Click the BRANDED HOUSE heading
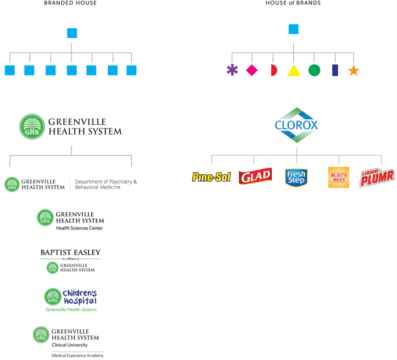pos(70,3)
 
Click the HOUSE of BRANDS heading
pos(293,3)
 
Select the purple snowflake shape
pos(232,70)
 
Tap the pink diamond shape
pos(251,70)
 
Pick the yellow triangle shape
pos(293,70)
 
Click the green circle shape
pos(314,70)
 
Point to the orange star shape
pos(353,71)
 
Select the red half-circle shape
pos(273,70)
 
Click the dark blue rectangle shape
pos(335,70)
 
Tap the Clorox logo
pos(296,124)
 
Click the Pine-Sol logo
pos(212,177)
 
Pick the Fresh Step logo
pos(295,177)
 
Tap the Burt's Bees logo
pos(339,177)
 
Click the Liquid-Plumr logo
pos(377,177)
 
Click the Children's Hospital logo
pos(71,299)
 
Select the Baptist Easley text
pos(70,253)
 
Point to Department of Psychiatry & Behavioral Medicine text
pos(106,184)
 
